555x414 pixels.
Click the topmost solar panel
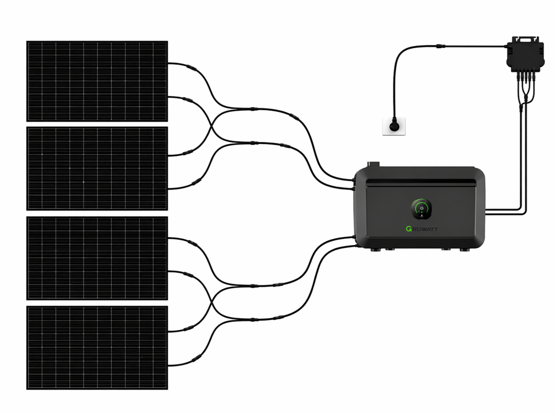(x=97, y=81)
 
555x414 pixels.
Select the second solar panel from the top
(x=97, y=168)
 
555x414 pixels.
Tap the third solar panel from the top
(x=97, y=258)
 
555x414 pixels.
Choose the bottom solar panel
(x=97, y=347)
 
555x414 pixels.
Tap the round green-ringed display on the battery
(x=421, y=209)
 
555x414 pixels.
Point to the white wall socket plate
(x=394, y=126)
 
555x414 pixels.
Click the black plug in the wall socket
(x=394, y=125)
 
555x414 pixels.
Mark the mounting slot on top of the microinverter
(x=523, y=38)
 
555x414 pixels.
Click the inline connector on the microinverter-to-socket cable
(x=439, y=47)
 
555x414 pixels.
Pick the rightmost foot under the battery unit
(x=465, y=249)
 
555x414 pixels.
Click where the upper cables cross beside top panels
(x=211, y=126)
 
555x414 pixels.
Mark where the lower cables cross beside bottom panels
(x=211, y=303)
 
